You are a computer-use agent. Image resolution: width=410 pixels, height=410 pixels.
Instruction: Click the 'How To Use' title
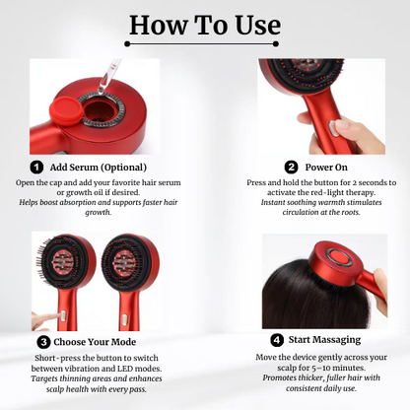(205, 26)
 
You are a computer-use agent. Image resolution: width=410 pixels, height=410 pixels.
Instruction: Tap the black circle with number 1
(36, 168)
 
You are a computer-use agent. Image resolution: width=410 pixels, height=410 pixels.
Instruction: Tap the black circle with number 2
(291, 168)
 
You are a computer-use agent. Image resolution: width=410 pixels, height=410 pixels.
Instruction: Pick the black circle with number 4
(277, 341)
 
